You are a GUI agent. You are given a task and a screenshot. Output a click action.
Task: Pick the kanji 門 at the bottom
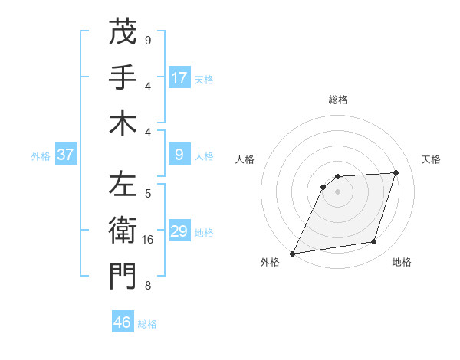[123, 277]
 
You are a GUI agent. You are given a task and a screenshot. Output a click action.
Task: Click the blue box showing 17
[179, 78]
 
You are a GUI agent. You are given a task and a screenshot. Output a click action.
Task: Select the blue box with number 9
[179, 155]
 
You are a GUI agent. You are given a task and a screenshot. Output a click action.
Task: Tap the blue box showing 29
[179, 232]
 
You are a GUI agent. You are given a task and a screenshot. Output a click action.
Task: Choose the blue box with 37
[66, 155]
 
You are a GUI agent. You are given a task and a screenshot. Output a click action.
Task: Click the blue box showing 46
[123, 322]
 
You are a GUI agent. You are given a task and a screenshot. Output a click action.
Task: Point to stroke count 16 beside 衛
[148, 240]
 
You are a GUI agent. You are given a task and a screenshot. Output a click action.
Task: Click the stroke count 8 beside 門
[148, 286]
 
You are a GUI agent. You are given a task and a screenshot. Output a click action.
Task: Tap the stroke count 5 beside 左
[148, 194]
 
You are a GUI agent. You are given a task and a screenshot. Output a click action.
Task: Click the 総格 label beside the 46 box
[147, 324]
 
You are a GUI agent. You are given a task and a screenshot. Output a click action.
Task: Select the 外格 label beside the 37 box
[41, 156]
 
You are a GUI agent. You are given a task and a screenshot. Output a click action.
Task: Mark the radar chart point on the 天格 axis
[396, 172]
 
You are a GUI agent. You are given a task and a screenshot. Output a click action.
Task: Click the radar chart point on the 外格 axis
[293, 253]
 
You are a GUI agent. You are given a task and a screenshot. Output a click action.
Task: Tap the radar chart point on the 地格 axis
[374, 242]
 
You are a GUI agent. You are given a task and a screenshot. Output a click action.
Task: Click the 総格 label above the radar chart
[338, 100]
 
